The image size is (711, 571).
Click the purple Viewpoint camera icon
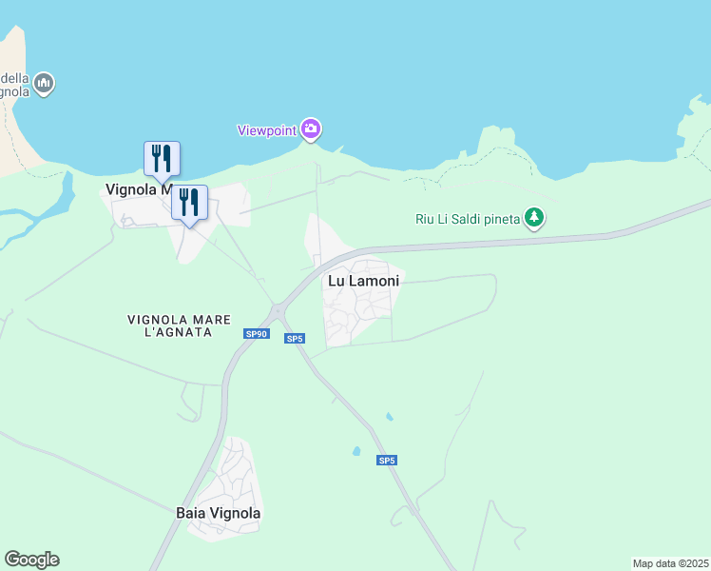(310, 128)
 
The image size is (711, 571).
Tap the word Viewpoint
(266, 129)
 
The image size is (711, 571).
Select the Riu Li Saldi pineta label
(468, 219)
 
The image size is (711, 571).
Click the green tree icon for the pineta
(535, 219)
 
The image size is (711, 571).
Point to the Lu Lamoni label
(364, 281)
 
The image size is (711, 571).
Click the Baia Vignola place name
(219, 513)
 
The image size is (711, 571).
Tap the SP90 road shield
(257, 334)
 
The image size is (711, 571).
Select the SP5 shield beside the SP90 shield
(295, 339)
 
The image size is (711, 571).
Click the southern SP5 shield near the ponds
(386, 461)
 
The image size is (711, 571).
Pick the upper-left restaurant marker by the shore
(162, 158)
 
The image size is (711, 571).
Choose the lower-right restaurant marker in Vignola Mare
(189, 203)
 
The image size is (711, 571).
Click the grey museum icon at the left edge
(44, 85)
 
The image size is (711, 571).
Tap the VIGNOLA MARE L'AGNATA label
(181, 325)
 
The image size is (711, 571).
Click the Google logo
(31, 560)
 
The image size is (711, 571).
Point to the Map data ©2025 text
(670, 563)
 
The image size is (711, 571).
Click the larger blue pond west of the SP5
(356, 451)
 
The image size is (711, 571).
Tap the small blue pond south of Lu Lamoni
(389, 417)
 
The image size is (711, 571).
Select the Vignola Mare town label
(138, 189)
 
